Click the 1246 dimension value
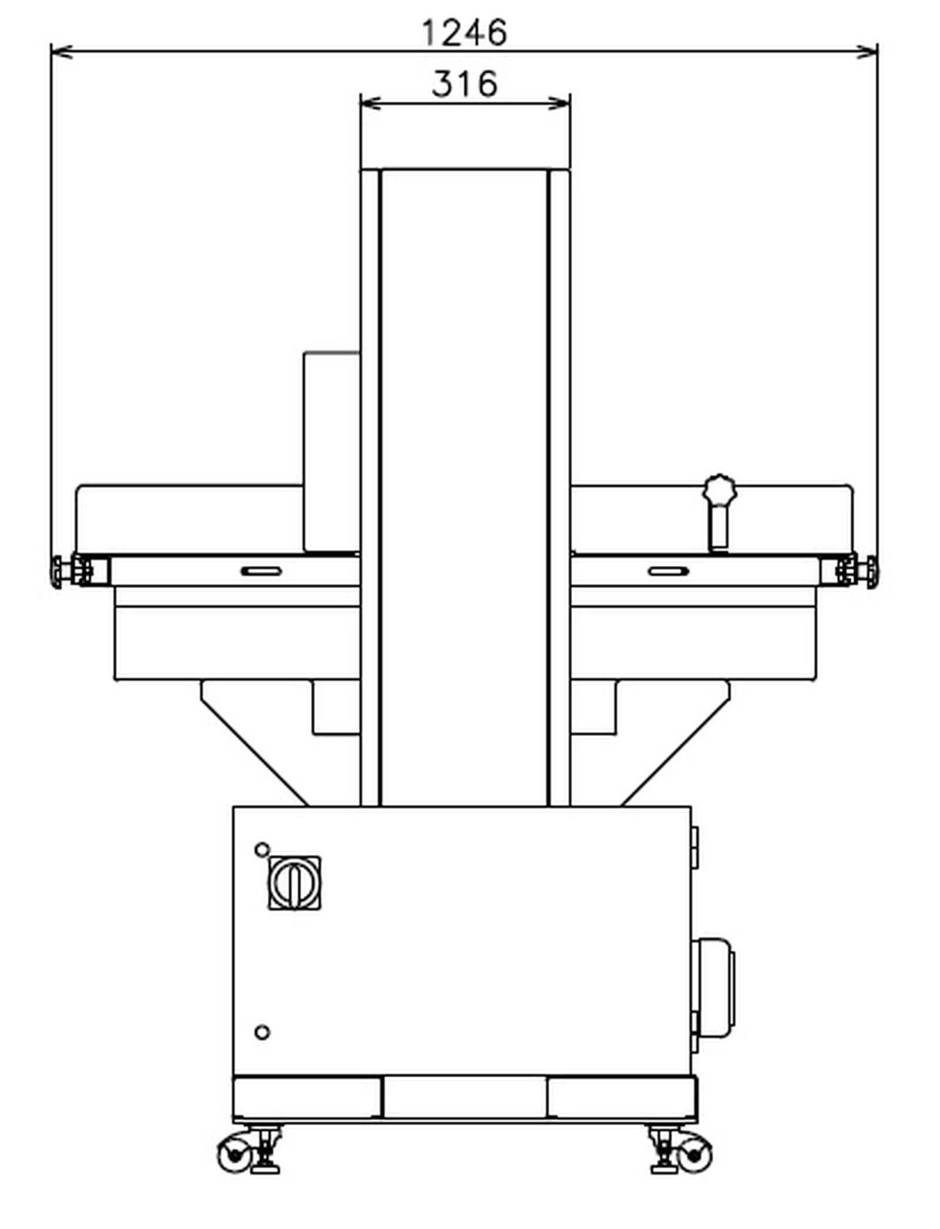(464, 33)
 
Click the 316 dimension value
(464, 83)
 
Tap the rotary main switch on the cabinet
(294, 882)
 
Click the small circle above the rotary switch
(262, 849)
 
